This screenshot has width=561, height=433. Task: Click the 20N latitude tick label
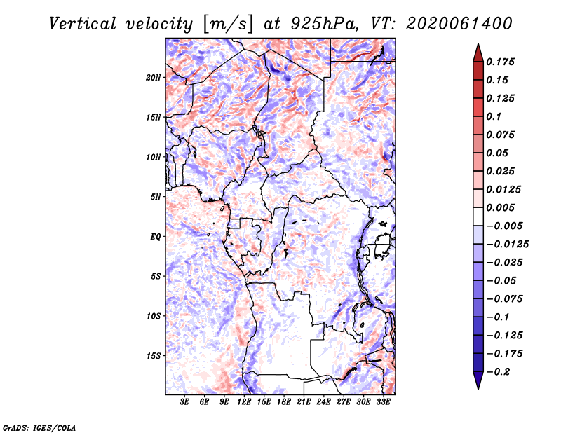point(154,78)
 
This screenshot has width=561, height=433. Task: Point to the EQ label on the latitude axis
point(155,237)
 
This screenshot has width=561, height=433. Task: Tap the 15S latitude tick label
point(154,356)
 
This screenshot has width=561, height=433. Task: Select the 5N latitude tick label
point(155,197)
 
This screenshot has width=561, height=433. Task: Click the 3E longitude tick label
point(184,401)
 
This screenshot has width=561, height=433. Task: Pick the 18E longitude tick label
point(284,401)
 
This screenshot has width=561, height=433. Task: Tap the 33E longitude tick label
point(383,401)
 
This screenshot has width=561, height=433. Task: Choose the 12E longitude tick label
point(244,401)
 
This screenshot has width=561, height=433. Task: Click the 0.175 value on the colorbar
point(500,62)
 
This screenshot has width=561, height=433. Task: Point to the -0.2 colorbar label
point(498,372)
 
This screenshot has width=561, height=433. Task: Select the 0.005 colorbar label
point(500,207)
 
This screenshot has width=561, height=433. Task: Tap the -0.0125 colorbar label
point(507,245)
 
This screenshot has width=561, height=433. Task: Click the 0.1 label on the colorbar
point(494,116)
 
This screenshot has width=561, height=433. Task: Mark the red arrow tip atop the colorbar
point(478,43)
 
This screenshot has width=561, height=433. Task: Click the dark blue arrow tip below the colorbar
point(478,389)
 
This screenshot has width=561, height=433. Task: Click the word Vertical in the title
point(83,24)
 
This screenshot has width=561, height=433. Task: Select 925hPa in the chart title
point(324,24)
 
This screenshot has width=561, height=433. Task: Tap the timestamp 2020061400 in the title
point(459,24)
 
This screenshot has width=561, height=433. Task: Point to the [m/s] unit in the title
point(228,25)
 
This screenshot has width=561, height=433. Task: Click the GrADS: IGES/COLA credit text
point(39,427)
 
